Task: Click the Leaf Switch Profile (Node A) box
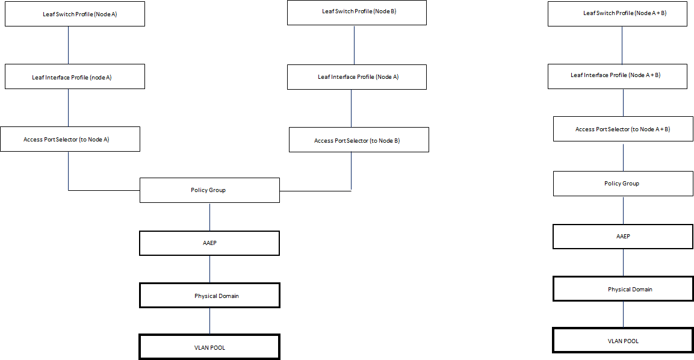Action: pos(75,14)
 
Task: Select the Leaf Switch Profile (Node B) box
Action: pos(356,13)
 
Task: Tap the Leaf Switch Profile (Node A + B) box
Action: pos(617,14)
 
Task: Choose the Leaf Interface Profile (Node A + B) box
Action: pos(617,76)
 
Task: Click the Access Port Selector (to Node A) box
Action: pos(70,139)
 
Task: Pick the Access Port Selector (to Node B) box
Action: pos(359,140)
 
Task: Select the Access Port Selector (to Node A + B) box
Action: pos(622,129)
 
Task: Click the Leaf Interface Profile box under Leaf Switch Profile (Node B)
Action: pos(356,77)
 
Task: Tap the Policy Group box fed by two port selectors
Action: pos(209,190)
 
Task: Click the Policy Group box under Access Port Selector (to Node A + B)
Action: pos(622,184)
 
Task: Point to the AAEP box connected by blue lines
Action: pos(209,243)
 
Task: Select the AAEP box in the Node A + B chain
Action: pos(622,237)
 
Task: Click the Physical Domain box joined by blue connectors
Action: pos(209,296)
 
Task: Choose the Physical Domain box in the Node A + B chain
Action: pos(622,290)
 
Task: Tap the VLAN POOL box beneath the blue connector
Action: pos(209,347)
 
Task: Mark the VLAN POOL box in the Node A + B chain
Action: pos(622,341)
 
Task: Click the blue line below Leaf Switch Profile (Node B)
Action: pos(354,45)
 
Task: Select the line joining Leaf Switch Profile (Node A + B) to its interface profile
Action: pos(622,45)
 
